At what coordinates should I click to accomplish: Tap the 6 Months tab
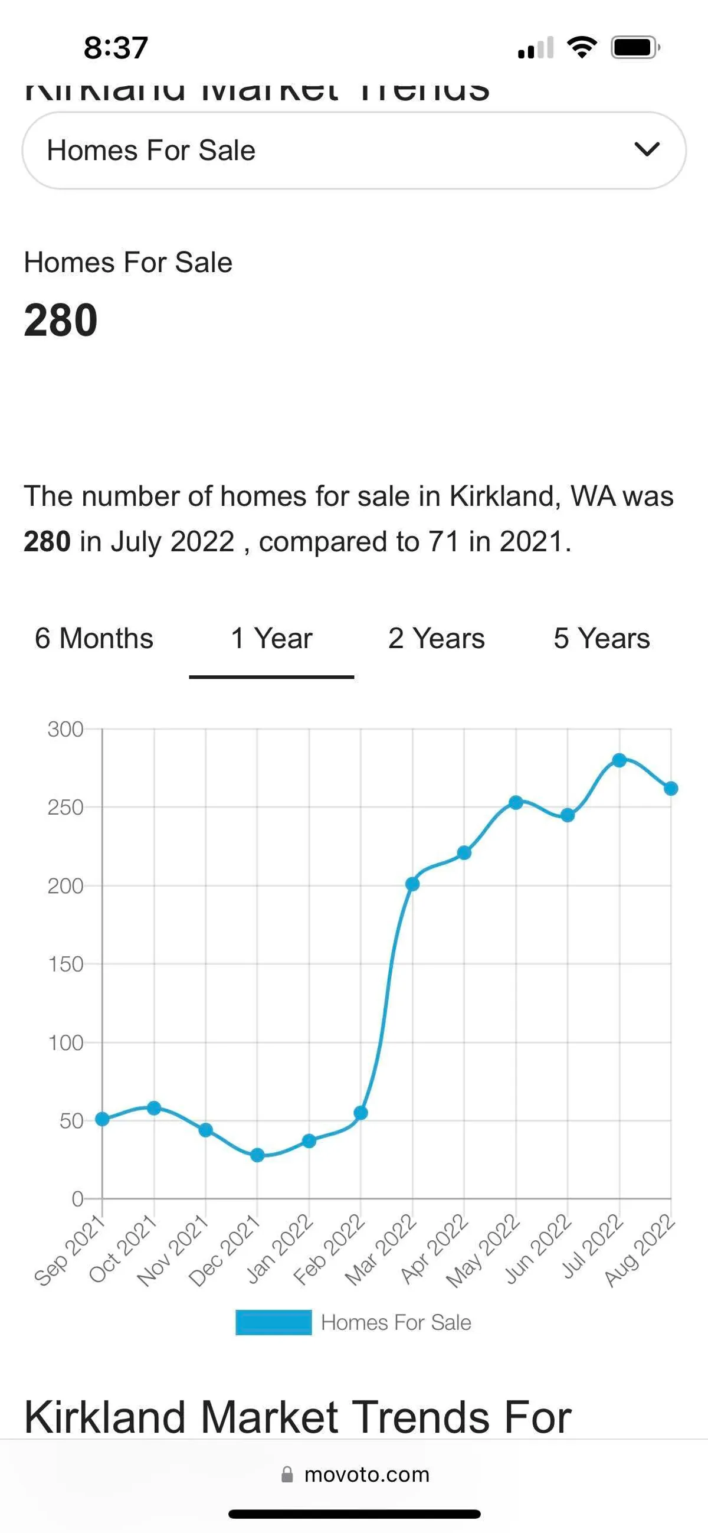pos(94,639)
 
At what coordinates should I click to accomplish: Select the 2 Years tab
pos(436,639)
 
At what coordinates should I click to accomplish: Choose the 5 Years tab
pos(601,639)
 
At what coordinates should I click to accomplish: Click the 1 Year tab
pos(271,639)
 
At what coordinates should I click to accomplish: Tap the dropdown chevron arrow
pos(647,149)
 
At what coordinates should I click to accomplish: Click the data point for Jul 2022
pos(619,760)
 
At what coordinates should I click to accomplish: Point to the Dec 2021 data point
pos(257,1155)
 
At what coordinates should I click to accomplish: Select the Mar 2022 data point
pos(412,884)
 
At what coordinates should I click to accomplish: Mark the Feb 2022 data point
pos(360,1113)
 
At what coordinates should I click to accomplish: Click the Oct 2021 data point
pos(154,1108)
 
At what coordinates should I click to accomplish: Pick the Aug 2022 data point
pos(670,789)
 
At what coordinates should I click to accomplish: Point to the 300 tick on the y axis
pos(65,730)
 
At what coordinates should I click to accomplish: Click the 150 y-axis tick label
pos(65,965)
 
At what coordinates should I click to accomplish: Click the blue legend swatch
pos(273,1322)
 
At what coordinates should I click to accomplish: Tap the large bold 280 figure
pos(61,320)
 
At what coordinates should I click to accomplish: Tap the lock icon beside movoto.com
pos(287,1475)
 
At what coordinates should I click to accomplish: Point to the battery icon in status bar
pos(635,48)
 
